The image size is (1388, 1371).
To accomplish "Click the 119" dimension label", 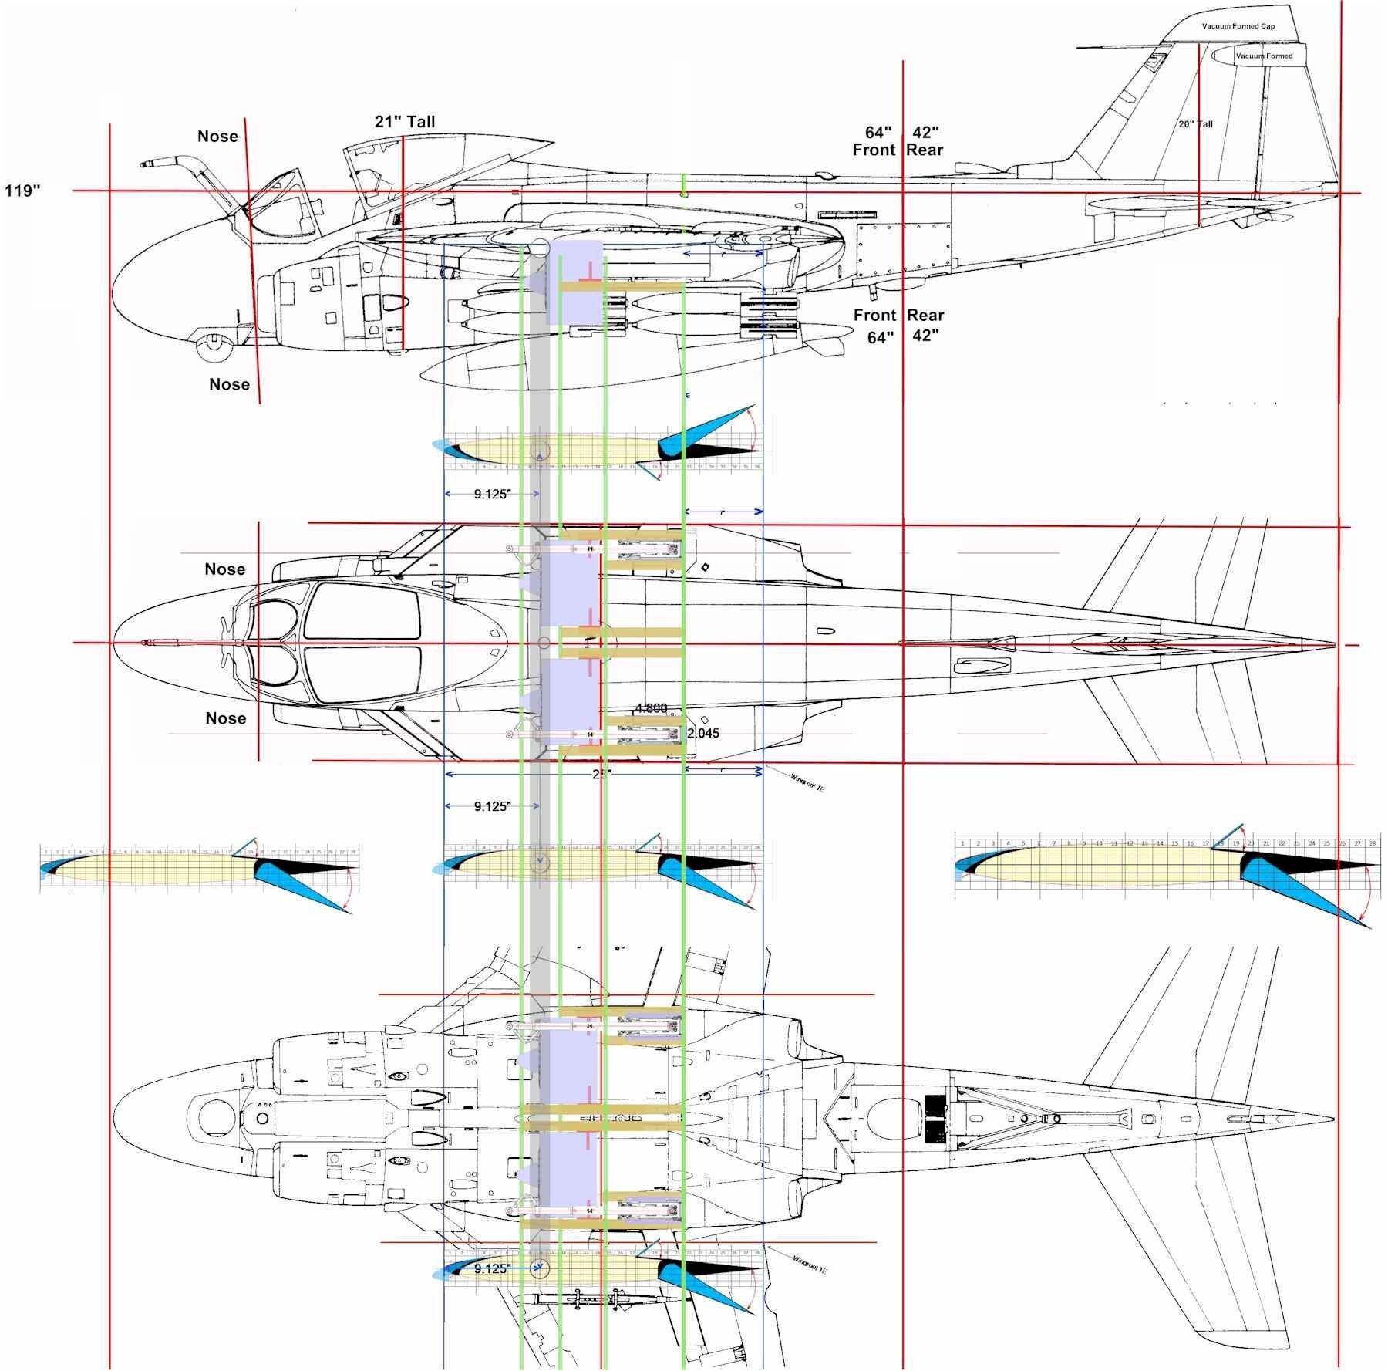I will click(x=22, y=191).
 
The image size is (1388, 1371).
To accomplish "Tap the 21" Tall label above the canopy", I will click(x=405, y=122).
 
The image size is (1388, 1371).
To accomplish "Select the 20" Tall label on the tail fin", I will click(x=1195, y=124).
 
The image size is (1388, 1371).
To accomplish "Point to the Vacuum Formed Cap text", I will click(x=1238, y=26).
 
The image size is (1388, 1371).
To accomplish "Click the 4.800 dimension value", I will click(x=651, y=708).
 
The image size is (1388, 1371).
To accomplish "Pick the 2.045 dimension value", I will click(x=702, y=733).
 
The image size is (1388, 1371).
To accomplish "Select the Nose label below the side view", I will click(x=229, y=384).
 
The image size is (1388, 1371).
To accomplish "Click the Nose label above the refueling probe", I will click(x=217, y=137).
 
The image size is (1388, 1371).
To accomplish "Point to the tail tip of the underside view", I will click(x=1332, y=1118).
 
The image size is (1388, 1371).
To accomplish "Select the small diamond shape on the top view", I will click(x=704, y=569).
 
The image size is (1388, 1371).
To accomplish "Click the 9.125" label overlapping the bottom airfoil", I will click(x=493, y=1269).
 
